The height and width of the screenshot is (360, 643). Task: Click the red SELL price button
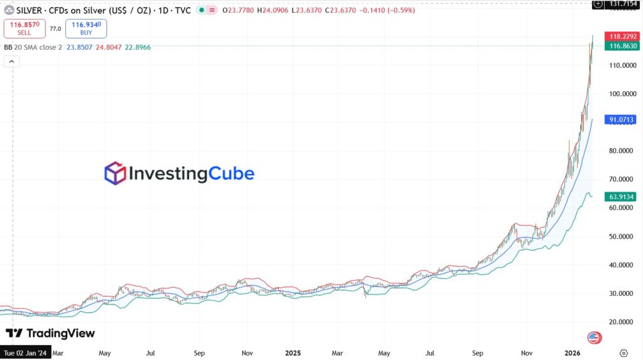point(23,28)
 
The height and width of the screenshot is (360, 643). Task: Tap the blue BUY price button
point(85,28)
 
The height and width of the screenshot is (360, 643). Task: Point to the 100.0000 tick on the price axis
point(622,94)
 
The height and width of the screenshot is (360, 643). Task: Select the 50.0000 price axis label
point(622,237)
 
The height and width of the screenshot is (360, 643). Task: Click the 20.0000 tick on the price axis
point(622,322)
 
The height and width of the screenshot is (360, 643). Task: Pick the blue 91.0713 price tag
point(622,119)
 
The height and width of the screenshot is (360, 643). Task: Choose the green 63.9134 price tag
point(622,197)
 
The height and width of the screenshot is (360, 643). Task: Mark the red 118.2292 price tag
point(622,36)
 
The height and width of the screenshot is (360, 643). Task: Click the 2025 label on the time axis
point(294,354)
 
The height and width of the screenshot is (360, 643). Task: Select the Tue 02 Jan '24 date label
point(24,354)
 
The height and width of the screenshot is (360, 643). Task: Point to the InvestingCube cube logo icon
point(115,173)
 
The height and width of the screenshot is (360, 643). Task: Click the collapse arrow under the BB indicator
point(12,62)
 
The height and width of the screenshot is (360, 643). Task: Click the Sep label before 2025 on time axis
point(199,354)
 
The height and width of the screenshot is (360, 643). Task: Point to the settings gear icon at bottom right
point(623,354)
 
